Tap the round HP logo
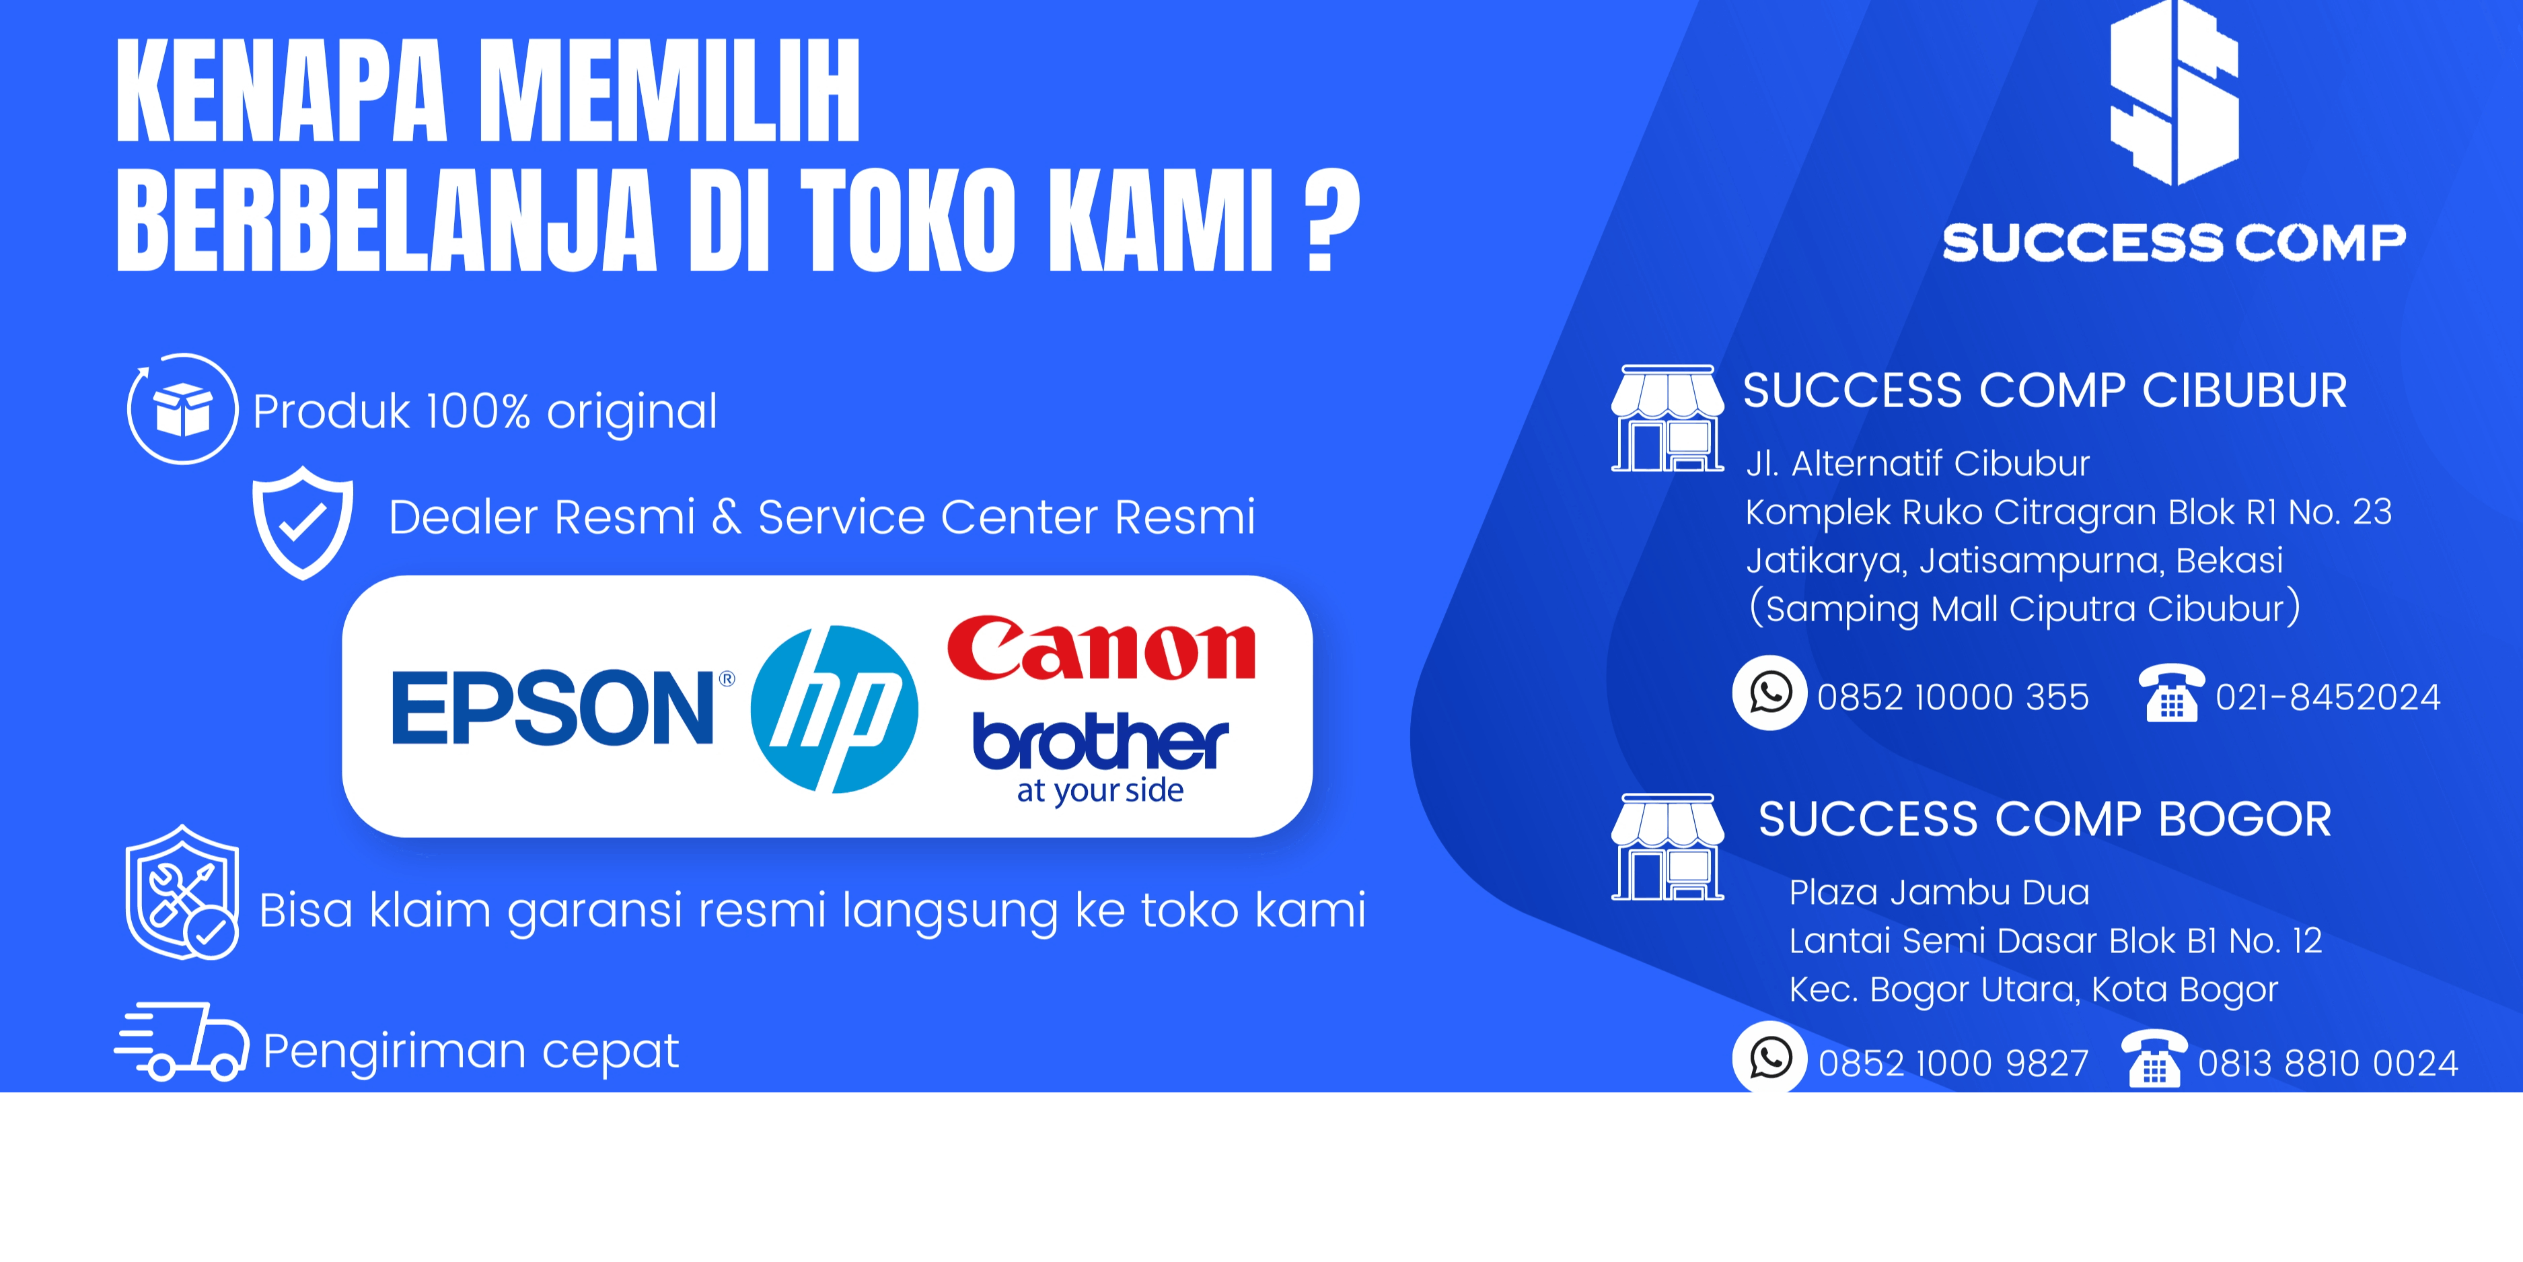tap(834, 709)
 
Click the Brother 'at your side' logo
tap(1100, 757)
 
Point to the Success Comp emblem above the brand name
tap(2174, 93)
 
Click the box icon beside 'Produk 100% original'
tap(182, 409)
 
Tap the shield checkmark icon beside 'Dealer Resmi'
tap(303, 522)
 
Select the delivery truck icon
tap(182, 1041)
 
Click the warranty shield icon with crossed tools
tap(182, 892)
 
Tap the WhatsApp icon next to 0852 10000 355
tap(1770, 693)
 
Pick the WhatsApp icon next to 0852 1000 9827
tap(1770, 1058)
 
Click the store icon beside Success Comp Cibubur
tap(1668, 419)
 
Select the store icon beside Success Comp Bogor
tap(1668, 847)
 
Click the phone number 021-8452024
tap(2328, 697)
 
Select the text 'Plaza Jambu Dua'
tap(1939, 892)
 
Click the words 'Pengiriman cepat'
tap(471, 1052)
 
